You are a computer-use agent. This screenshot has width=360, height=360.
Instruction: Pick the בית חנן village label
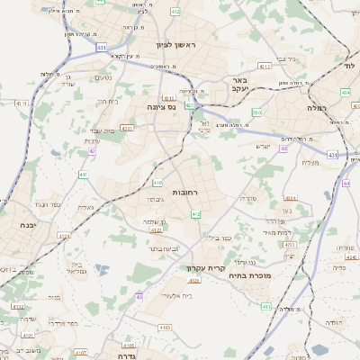coord(104,101)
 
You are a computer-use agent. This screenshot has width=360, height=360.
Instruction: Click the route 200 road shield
coord(256,112)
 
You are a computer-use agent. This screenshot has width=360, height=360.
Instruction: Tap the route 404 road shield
coord(347,92)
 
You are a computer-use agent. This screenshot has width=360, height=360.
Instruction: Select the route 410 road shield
coord(158,184)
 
